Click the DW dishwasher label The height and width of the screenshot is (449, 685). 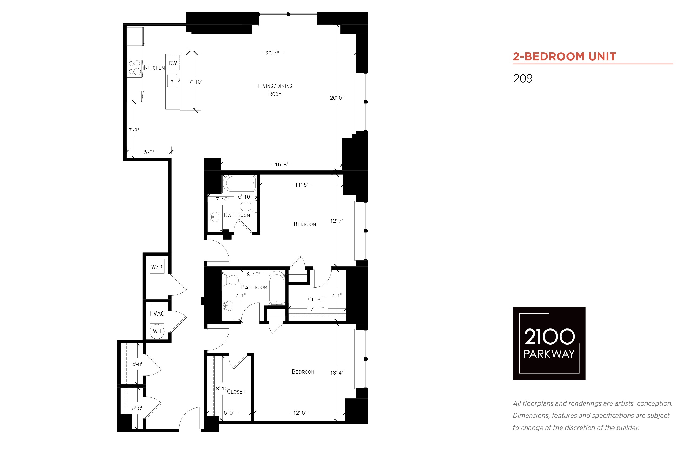(x=173, y=63)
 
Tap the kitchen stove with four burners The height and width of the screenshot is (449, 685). (x=135, y=68)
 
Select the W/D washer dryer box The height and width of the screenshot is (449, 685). (x=157, y=267)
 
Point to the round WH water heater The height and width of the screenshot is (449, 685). (x=157, y=331)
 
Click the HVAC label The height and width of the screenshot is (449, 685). (x=157, y=313)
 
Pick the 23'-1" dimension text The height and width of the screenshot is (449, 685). (x=272, y=53)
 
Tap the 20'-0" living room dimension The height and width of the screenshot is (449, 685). (x=336, y=98)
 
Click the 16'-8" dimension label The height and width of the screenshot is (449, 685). (x=281, y=164)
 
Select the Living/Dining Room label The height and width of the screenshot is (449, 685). (x=275, y=90)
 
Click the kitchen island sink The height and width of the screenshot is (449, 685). (x=172, y=81)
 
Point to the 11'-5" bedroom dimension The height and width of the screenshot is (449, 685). (x=301, y=185)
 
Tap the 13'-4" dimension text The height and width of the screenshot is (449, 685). (x=336, y=373)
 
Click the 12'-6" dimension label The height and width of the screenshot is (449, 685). (x=300, y=413)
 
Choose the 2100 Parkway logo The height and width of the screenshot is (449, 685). (x=549, y=343)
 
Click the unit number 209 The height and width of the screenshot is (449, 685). (x=523, y=78)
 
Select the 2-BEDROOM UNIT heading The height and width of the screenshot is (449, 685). (x=564, y=56)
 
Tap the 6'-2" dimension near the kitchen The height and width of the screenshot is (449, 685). (x=149, y=152)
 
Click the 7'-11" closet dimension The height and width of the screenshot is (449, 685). (x=317, y=309)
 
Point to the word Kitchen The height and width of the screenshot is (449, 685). (x=154, y=68)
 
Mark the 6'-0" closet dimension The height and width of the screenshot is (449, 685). (x=229, y=413)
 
